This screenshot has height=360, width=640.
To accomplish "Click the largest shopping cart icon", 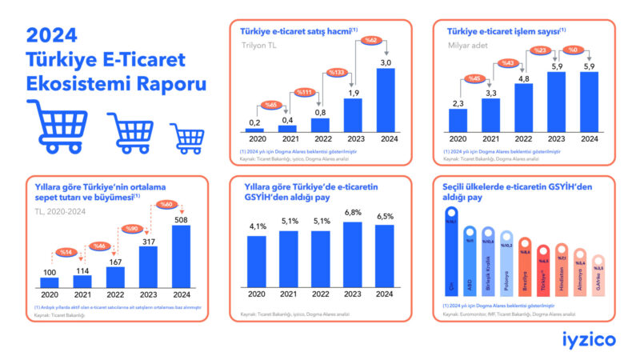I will tap(58, 126).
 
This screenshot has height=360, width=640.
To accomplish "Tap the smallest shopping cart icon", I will tap(188, 138).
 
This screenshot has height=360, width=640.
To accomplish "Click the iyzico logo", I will tap(588, 339).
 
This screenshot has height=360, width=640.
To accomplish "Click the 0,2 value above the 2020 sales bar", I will tap(254, 122).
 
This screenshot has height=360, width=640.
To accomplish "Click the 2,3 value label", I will tap(458, 102).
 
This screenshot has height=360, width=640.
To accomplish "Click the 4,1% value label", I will tap(257, 226).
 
